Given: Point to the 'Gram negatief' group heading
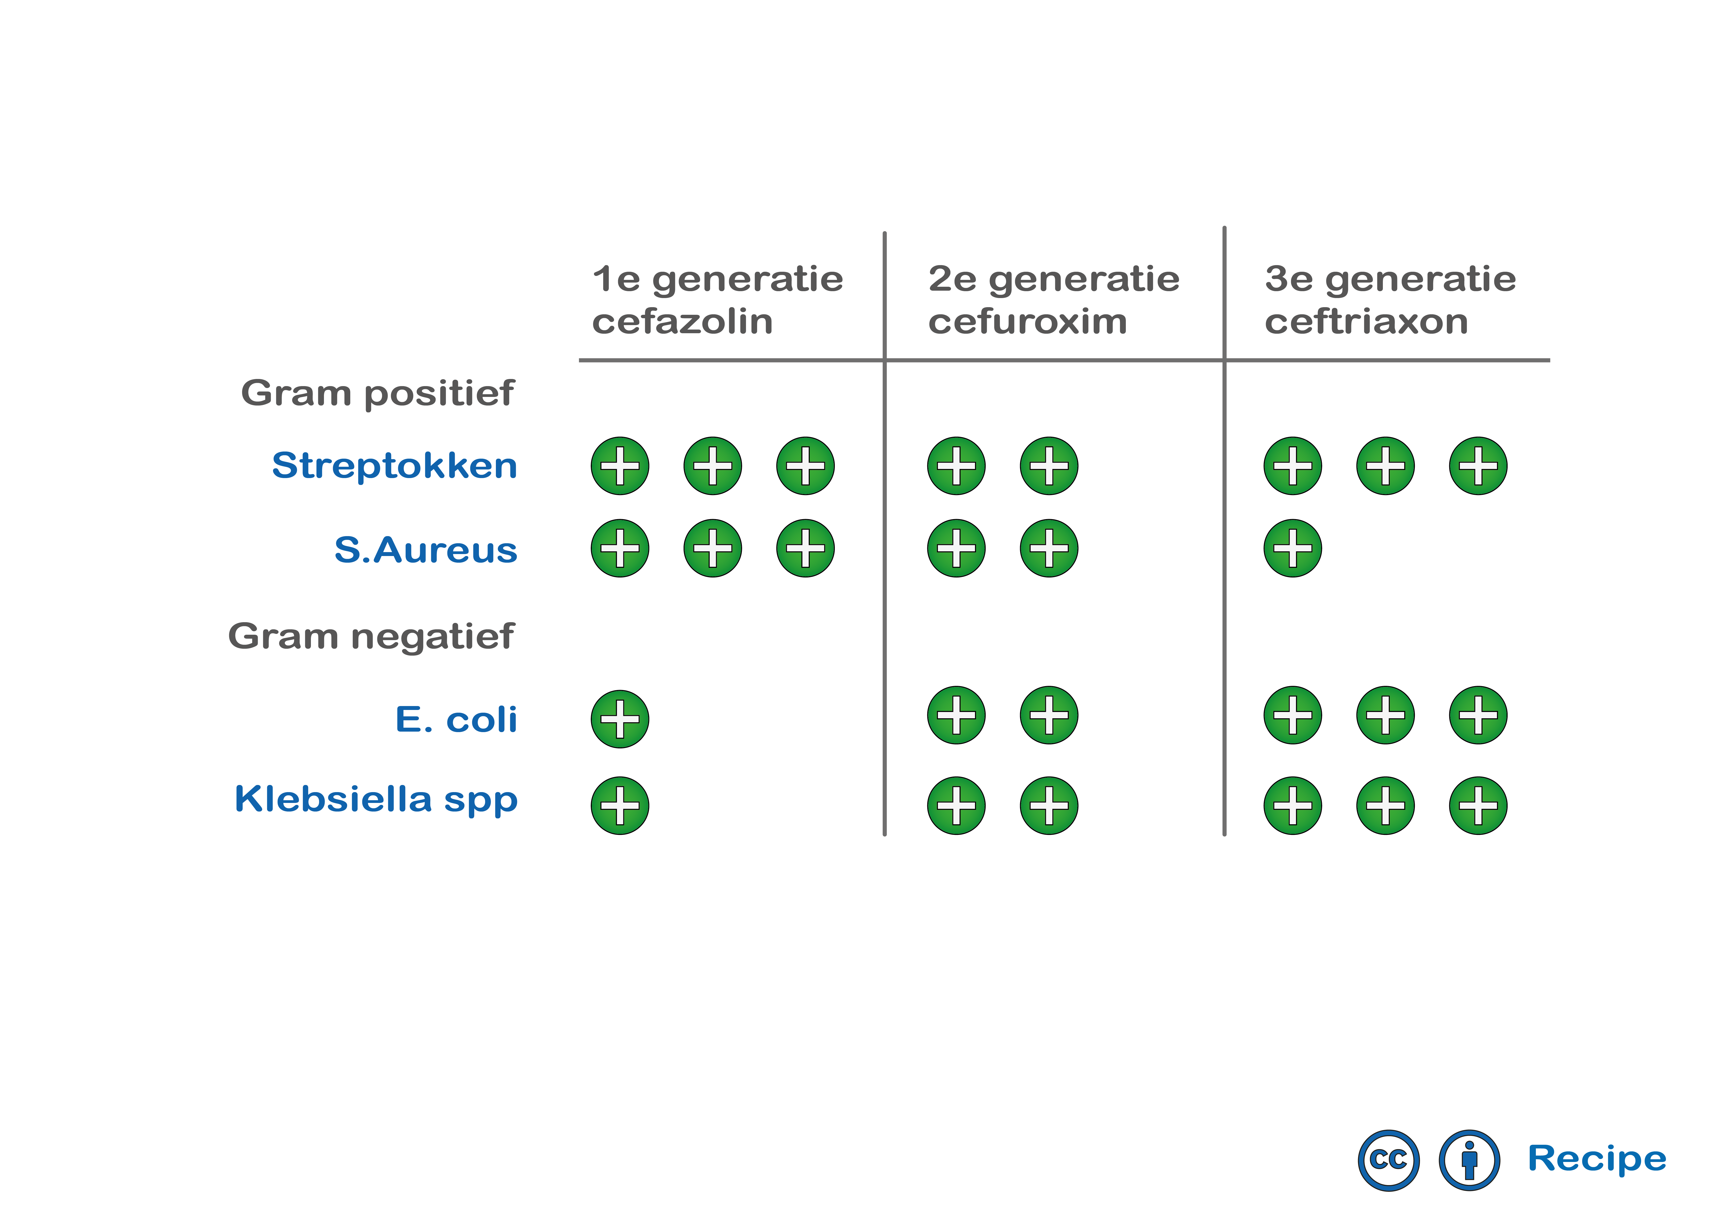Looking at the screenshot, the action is [371, 637].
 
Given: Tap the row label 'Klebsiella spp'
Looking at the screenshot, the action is [376, 799].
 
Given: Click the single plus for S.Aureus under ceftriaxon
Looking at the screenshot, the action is [1293, 548].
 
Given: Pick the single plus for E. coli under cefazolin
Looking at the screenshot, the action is [620, 719].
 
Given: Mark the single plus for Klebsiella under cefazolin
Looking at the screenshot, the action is [620, 806].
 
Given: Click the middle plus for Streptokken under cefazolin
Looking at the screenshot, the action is [713, 466].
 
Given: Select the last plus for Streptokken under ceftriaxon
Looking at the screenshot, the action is [1478, 466].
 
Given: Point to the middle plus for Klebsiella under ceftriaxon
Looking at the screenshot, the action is [1386, 806].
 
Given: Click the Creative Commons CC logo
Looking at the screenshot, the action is [1389, 1160].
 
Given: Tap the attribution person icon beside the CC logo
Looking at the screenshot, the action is [1469, 1160].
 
